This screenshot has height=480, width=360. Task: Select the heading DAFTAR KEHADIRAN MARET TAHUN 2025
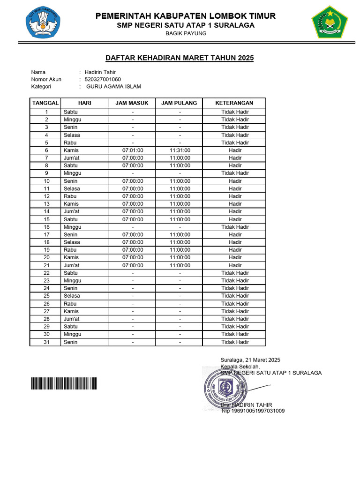click(180, 58)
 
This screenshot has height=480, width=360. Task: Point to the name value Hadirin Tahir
click(100, 72)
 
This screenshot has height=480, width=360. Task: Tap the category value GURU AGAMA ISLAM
click(113, 86)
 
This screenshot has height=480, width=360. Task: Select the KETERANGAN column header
click(234, 103)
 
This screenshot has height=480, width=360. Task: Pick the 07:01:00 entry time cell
click(133, 150)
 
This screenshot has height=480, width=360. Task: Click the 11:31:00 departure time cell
click(180, 150)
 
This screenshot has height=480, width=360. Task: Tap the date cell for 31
click(46, 342)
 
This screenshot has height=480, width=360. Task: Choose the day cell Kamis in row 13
click(71, 204)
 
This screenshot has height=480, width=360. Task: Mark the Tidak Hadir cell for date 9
click(235, 173)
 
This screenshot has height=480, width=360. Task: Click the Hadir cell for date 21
click(235, 265)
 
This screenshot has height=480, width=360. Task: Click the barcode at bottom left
click(64, 384)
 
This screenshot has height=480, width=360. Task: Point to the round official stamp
click(223, 388)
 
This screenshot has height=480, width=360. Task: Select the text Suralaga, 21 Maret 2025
click(250, 360)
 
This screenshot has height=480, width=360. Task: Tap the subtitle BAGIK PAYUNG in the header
click(186, 33)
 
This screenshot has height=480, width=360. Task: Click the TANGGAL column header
click(45, 103)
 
